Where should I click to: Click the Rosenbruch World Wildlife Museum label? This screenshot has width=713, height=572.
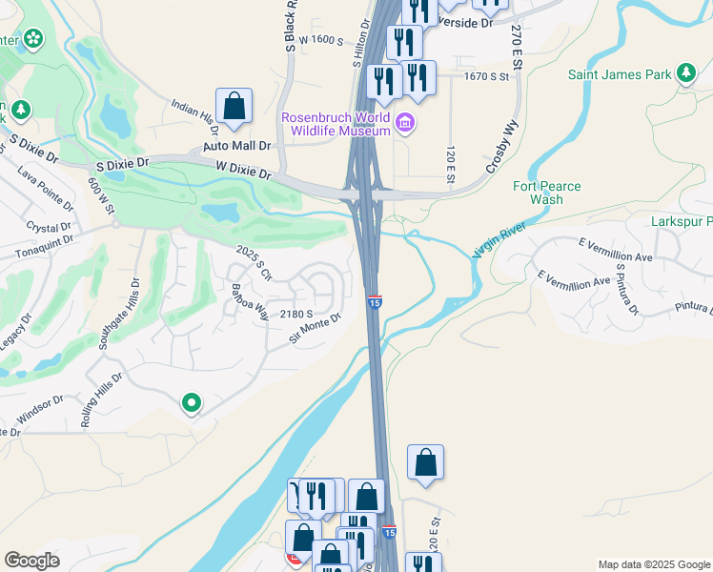[x=336, y=124]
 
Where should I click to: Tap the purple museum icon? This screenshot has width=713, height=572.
[x=404, y=123]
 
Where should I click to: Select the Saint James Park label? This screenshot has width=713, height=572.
[x=619, y=74]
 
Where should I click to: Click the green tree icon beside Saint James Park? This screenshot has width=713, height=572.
[x=685, y=73]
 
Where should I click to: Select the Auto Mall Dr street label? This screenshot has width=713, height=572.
[x=237, y=147]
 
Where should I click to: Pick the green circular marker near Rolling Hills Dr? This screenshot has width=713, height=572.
[x=191, y=404]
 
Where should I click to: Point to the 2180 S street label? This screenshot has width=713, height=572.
[x=296, y=314]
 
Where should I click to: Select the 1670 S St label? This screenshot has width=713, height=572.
[x=489, y=76]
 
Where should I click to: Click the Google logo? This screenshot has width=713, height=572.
[x=31, y=561]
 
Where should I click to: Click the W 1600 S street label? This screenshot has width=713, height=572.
[x=319, y=40]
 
